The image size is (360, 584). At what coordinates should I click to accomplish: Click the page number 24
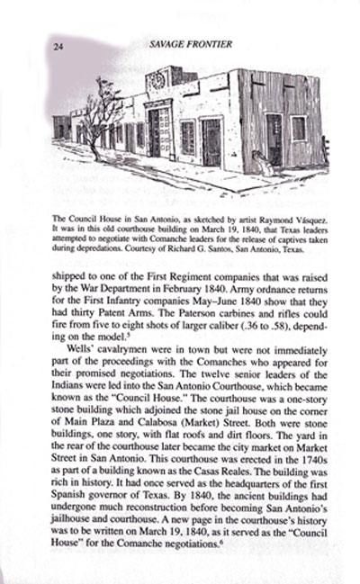tap(58, 45)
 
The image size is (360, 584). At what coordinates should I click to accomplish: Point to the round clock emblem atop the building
tap(157, 79)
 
